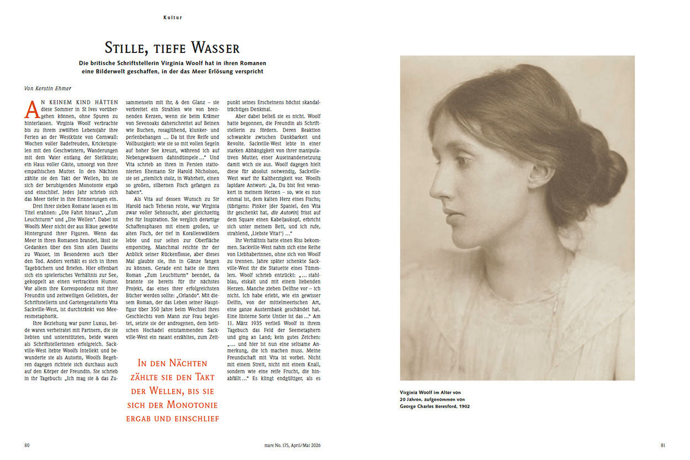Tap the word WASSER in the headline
pos(215,48)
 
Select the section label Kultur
pos(173,18)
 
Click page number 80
pos(27,445)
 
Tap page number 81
pos(664,445)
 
